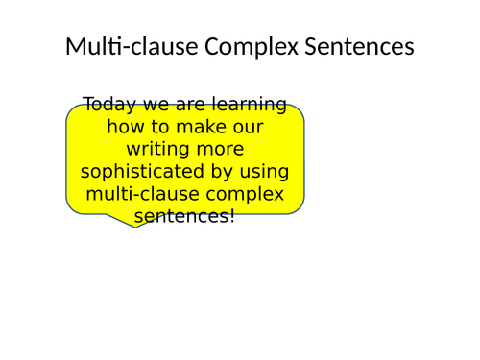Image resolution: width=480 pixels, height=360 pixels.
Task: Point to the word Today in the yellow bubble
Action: [x=108, y=104]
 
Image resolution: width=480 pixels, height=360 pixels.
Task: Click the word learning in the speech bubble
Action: [x=253, y=104]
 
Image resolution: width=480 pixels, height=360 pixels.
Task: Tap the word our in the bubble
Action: [x=247, y=126]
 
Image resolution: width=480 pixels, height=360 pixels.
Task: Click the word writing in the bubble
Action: [x=157, y=149]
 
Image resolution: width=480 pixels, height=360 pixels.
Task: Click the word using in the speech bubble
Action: [x=262, y=172]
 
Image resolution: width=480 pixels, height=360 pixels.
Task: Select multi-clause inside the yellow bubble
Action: [x=135, y=194]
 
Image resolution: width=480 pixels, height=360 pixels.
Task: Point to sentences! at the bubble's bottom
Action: [x=184, y=216]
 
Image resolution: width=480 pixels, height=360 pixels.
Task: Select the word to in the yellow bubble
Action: [x=156, y=126]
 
